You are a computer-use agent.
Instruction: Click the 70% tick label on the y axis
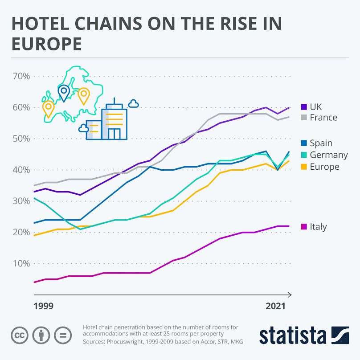pos(21,76)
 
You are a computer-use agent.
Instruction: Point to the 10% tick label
pos(21,263)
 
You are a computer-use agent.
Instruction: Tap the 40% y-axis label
pos(21,170)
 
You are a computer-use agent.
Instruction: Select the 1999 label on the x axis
pos(44,306)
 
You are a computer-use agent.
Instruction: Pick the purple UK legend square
pos(304,107)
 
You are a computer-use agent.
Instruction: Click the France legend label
pos(323,118)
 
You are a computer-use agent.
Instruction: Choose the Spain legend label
pos(321,143)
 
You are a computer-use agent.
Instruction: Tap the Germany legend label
pos(328,155)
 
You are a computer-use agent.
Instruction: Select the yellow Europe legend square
pos(304,167)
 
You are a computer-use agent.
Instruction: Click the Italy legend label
pos(318,227)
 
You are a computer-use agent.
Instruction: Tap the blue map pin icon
pos(64,92)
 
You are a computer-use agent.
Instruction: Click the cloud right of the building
pos(133,104)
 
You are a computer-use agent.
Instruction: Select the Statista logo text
pos(292,335)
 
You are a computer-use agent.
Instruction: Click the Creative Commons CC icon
pos(18,335)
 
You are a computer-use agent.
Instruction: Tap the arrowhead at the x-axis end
pos(290,295)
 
